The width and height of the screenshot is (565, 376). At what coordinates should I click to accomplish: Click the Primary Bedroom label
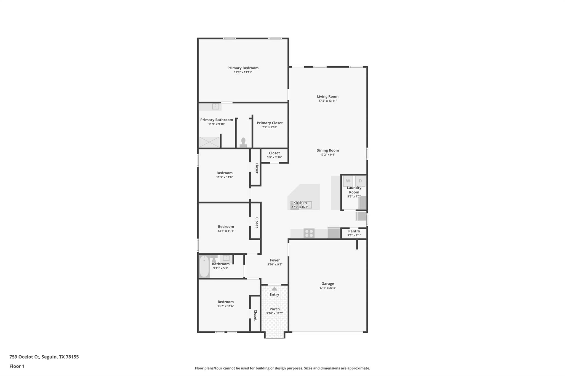point(243,68)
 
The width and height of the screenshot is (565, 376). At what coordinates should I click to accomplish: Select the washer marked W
point(348,181)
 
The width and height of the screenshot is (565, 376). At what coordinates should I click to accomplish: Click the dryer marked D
point(360,181)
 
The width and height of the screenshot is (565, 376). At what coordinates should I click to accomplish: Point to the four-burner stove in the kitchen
point(309,233)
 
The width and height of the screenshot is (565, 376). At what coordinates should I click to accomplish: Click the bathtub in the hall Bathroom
point(204,266)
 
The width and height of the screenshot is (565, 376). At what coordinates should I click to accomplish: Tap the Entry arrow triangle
point(274,289)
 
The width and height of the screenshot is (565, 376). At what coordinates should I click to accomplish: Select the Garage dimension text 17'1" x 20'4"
point(327,288)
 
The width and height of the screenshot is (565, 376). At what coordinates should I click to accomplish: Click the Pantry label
point(354,231)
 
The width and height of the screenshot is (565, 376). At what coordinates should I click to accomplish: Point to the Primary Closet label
point(270,123)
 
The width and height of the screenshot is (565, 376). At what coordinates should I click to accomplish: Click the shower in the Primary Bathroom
point(209,142)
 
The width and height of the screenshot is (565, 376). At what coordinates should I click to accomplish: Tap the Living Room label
point(327,96)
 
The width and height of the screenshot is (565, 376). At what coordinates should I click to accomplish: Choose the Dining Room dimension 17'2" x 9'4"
point(327,155)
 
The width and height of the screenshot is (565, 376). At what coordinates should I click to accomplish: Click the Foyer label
point(275,260)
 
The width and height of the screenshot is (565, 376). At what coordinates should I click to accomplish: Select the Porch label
point(274,309)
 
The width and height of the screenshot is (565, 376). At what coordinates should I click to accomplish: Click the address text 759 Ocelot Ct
point(25,357)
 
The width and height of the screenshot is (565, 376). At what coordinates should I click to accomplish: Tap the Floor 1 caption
point(17,366)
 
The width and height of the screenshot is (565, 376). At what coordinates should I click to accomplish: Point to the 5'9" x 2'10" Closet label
point(274,153)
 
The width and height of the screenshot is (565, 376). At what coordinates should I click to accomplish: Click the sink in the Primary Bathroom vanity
point(215,106)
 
